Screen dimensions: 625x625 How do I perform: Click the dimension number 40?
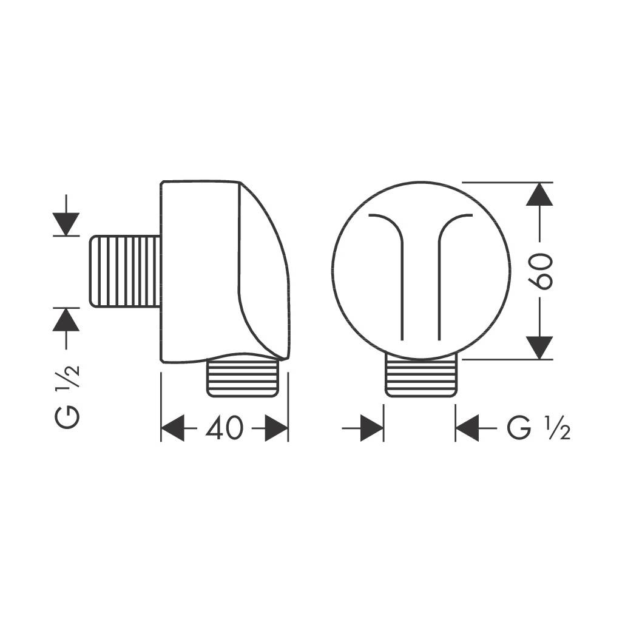224,428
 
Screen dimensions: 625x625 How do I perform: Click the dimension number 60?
540,271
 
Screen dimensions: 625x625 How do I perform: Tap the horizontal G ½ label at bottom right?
538,428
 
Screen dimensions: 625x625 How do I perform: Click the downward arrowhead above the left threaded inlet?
66,224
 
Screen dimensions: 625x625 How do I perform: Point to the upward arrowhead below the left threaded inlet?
66,320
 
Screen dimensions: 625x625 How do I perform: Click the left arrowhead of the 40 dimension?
172,428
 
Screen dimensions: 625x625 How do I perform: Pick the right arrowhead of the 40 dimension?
276,428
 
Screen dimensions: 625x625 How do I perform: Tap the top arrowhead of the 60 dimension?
539,194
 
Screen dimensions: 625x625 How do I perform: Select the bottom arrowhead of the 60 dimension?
539,348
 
